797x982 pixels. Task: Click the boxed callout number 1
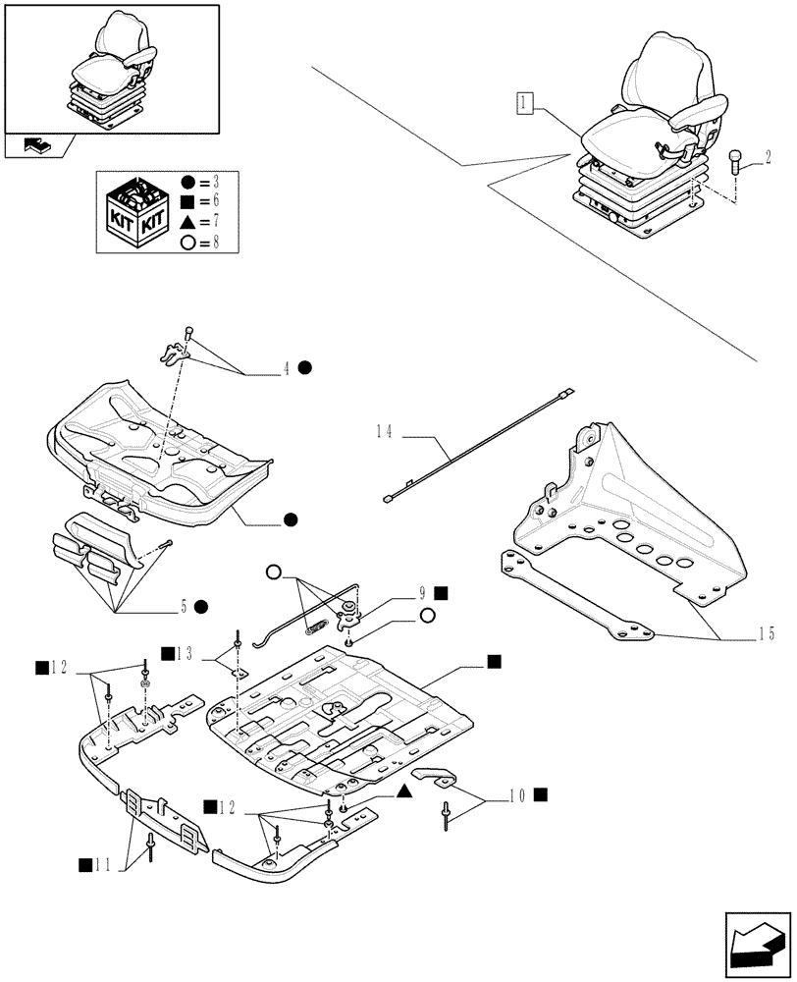[x=525, y=102]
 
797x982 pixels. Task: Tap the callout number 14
[x=384, y=431]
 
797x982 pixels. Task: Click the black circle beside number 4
[x=305, y=368]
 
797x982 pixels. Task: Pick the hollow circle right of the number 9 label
[x=427, y=616]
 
